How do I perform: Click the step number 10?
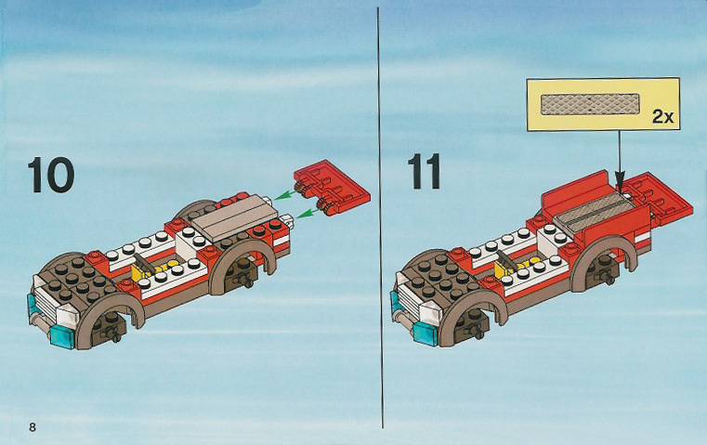pos(51,175)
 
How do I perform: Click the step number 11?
pos(424,172)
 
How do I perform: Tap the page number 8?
pos(32,426)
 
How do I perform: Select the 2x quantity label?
pos(662,117)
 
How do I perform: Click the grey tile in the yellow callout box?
pos(590,104)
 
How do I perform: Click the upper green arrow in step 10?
pos(287,194)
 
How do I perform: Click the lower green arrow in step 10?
pos(310,214)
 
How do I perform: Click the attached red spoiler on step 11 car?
pos(660,199)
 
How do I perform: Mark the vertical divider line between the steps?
pos(380,217)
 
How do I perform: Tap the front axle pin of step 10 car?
pos(112,334)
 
